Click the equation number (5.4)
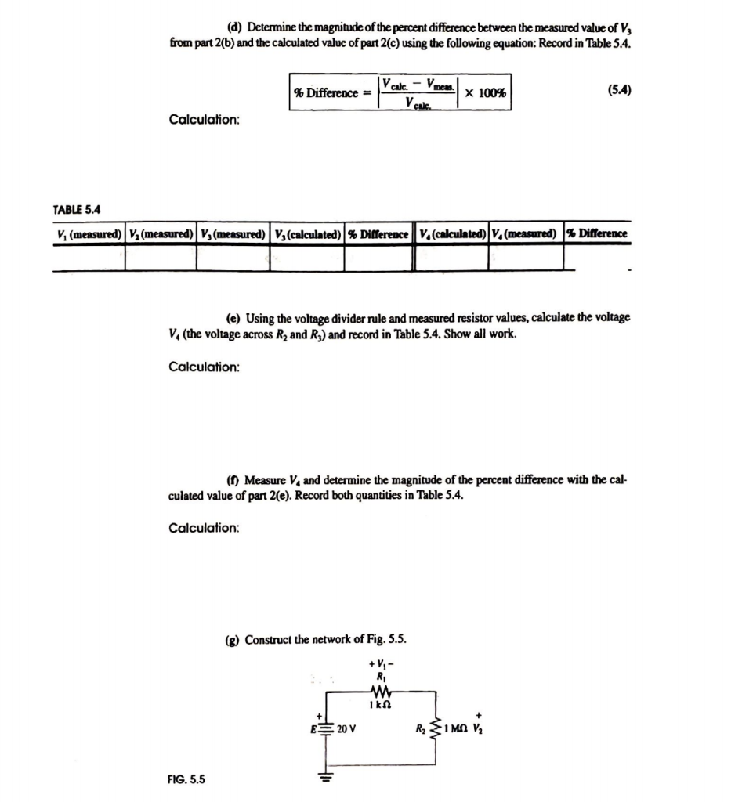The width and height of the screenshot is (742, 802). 619,91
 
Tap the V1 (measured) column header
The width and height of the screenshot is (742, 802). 89,234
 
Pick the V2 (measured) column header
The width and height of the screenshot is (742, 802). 160,234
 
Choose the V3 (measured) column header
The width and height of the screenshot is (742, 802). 233,234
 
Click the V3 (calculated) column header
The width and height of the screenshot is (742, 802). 307,234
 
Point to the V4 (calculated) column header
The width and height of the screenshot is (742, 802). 453,234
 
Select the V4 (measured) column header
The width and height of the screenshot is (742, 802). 526,234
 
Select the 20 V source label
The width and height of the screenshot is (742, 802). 346,729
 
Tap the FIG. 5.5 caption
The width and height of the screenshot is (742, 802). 186,780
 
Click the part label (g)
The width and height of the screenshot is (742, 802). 233,640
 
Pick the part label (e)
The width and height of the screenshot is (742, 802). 233,318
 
